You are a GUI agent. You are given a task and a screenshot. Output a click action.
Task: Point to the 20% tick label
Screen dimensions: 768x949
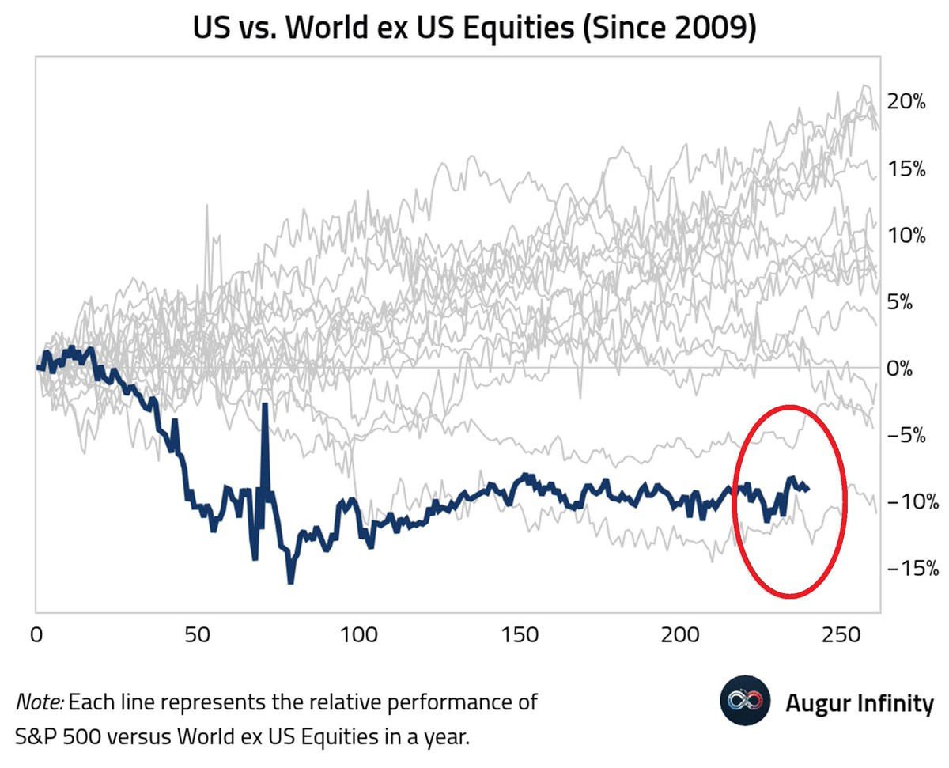coord(906,102)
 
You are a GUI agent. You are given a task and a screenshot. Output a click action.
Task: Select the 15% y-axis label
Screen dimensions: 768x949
coord(906,169)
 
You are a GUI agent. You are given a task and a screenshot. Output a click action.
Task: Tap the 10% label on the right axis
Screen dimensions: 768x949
coord(906,236)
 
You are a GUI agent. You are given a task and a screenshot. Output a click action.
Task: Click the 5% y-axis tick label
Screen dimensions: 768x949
coord(909,302)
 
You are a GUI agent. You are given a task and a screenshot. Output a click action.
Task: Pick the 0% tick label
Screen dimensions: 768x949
coord(909,369)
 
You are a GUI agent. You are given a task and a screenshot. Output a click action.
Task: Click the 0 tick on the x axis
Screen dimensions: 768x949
coord(36,635)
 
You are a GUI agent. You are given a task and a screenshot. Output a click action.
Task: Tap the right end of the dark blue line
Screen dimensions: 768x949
coord(807,489)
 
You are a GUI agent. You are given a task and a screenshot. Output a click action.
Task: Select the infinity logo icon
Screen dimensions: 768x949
coord(744,702)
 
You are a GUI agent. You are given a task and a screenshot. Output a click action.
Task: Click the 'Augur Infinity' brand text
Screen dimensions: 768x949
coord(859,702)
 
